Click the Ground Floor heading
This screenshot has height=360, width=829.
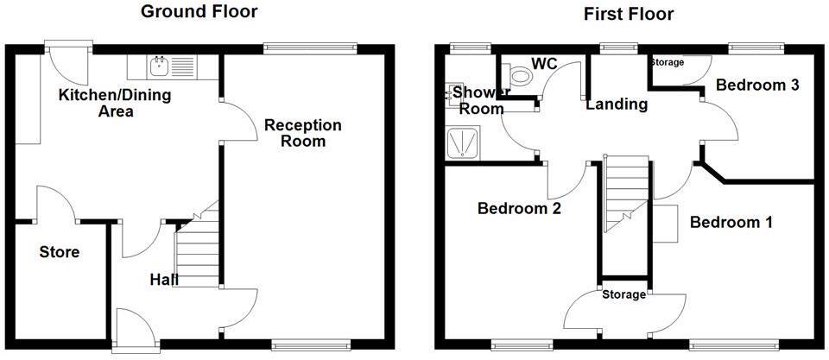pos(199,12)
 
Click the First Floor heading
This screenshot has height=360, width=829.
pos(629,14)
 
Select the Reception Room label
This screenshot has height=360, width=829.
pos(303,133)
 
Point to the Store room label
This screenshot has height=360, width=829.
pos(60,252)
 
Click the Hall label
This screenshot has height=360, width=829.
pos(164,280)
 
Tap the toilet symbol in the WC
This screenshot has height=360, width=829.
pos(520,77)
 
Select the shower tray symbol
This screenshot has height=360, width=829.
pos(466,143)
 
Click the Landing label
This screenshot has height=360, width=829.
pos(617,104)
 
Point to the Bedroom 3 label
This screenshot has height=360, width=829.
pos(756,85)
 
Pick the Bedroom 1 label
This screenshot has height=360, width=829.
pos(731,223)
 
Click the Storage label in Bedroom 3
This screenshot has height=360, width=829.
pos(667,62)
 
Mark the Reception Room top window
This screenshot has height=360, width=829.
pos(310,48)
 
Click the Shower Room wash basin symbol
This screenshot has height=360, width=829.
pos(454,93)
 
